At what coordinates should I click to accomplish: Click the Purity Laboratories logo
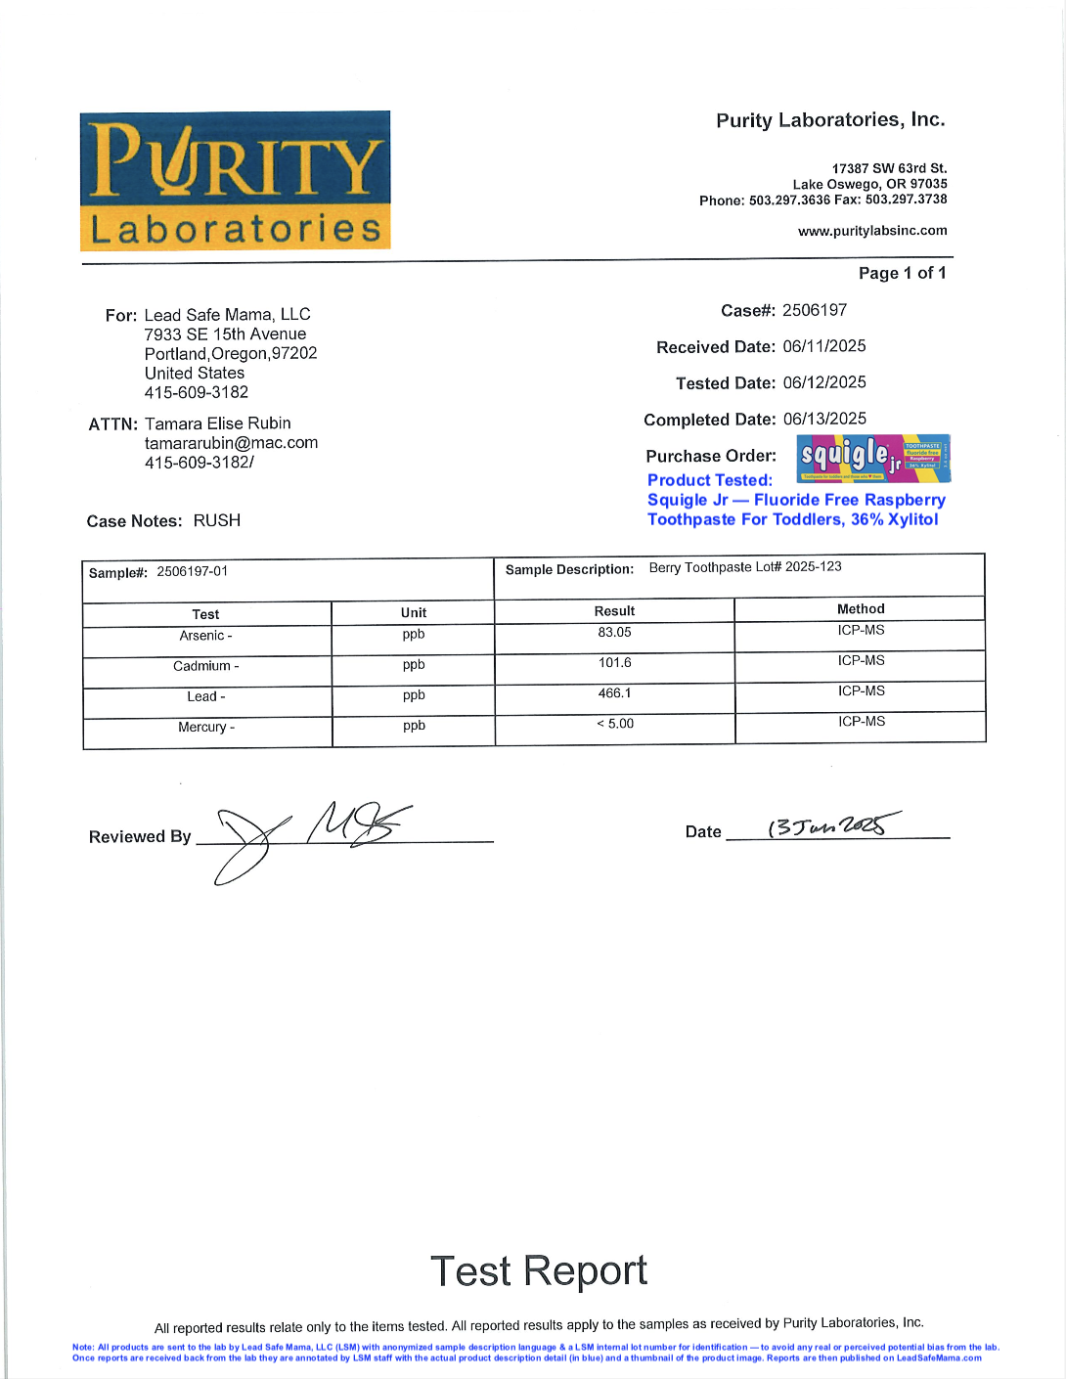point(235,181)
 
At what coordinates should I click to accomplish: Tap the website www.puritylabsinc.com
point(872,231)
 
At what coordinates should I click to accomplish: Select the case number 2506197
point(815,310)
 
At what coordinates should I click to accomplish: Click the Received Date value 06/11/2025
point(824,346)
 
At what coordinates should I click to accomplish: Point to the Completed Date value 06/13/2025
point(824,419)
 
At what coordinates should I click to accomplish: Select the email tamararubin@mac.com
point(231,443)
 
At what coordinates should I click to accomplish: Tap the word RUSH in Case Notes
point(217,520)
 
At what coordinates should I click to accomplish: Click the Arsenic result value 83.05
point(614,633)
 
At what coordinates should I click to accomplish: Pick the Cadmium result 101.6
point(614,663)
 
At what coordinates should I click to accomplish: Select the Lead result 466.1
point(614,693)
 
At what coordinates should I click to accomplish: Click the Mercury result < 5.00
point(615,724)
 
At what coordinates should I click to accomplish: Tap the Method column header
point(861,609)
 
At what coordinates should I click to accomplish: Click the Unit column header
point(414,613)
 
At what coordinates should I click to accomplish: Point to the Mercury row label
point(205,727)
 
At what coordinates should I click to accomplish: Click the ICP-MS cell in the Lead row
point(861,691)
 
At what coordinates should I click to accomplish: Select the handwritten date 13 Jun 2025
point(832,826)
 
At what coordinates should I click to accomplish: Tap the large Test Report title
point(539,1271)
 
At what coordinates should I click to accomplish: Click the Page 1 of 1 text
point(902,273)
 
